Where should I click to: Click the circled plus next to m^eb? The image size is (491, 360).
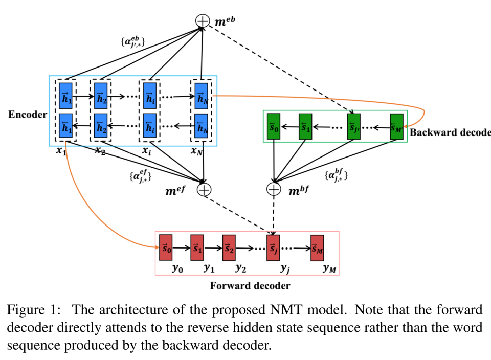203,21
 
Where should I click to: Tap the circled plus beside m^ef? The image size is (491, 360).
204,189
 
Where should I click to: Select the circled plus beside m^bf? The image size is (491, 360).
274,189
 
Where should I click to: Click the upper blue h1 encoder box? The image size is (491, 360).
66,95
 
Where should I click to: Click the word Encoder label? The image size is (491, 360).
27,115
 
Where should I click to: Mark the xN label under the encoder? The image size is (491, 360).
197,151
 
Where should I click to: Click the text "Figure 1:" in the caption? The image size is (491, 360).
34,310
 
